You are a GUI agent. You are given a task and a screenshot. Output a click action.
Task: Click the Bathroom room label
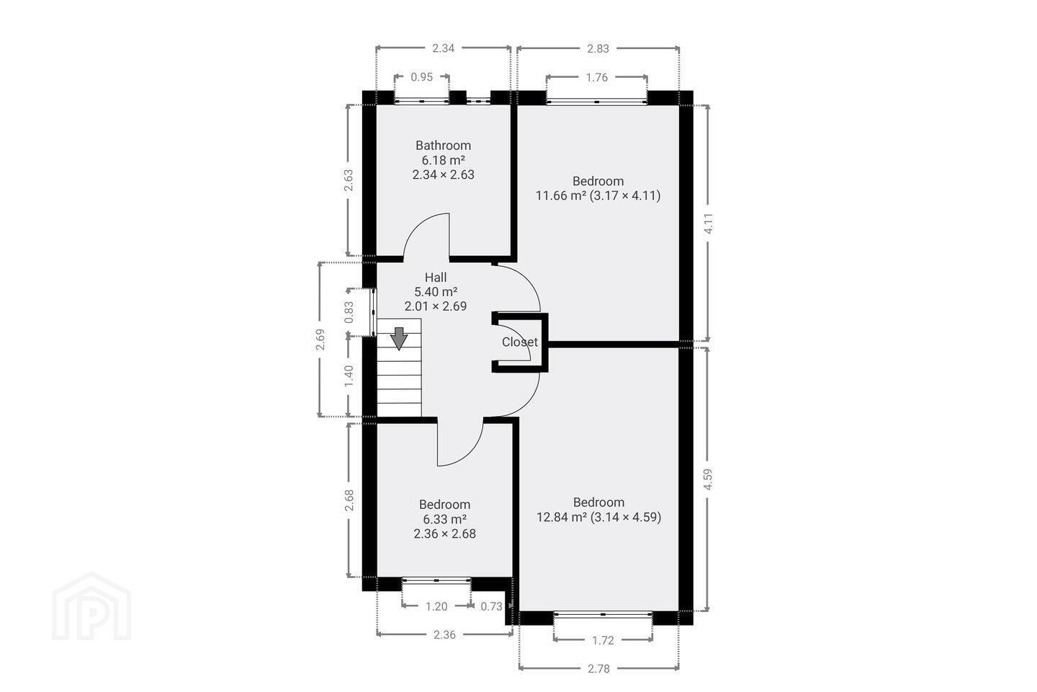tap(443, 146)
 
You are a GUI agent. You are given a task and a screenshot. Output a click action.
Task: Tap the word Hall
tap(436, 278)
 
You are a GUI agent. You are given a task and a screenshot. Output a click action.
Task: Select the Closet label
tap(520, 342)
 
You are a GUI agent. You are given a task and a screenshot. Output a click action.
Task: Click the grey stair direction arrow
tap(399, 338)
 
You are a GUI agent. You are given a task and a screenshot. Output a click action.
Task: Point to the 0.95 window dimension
tap(422, 77)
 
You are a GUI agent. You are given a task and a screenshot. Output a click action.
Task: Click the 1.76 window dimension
tap(597, 77)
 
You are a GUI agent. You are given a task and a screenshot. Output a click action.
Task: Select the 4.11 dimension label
tap(709, 223)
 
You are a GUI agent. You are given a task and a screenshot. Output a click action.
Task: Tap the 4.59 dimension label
tap(707, 479)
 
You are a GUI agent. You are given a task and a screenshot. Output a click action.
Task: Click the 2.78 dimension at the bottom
tap(598, 668)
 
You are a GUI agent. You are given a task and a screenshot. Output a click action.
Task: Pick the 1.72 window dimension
tap(603, 640)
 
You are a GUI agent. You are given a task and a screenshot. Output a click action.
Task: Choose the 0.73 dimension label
tap(491, 606)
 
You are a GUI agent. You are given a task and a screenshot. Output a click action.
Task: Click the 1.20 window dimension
tap(436, 606)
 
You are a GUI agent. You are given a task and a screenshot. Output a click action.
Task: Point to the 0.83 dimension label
tap(349, 312)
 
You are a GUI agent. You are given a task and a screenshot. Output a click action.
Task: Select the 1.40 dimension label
tap(349, 376)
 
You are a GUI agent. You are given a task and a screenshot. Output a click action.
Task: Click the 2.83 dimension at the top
tap(598, 49)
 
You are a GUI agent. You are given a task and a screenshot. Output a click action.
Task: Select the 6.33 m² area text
tap(444, 519)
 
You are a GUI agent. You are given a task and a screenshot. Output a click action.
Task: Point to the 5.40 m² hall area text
tap(436, 292)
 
